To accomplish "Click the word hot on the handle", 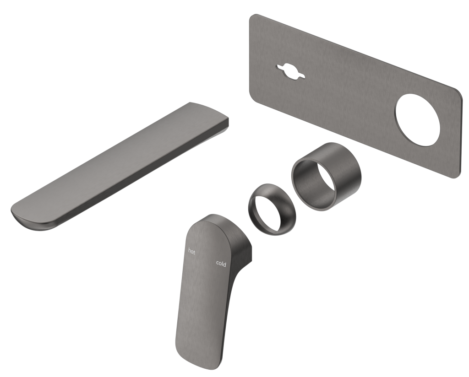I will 191,251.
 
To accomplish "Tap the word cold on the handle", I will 221,263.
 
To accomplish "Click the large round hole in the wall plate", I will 419,120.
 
